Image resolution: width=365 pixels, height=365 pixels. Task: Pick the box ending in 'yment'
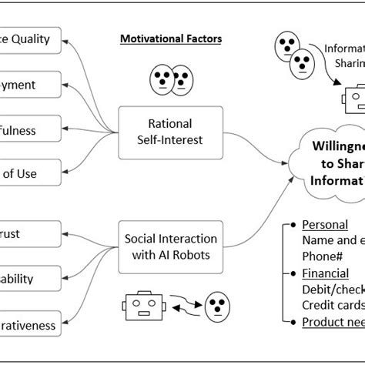[29, 85]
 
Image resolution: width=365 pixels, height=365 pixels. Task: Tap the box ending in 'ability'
[29, 277]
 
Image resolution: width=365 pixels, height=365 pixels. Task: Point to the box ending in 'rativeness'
[29, 325]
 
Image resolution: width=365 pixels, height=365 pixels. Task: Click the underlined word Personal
[324, 225]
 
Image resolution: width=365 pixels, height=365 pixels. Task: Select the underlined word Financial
[325, 273]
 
